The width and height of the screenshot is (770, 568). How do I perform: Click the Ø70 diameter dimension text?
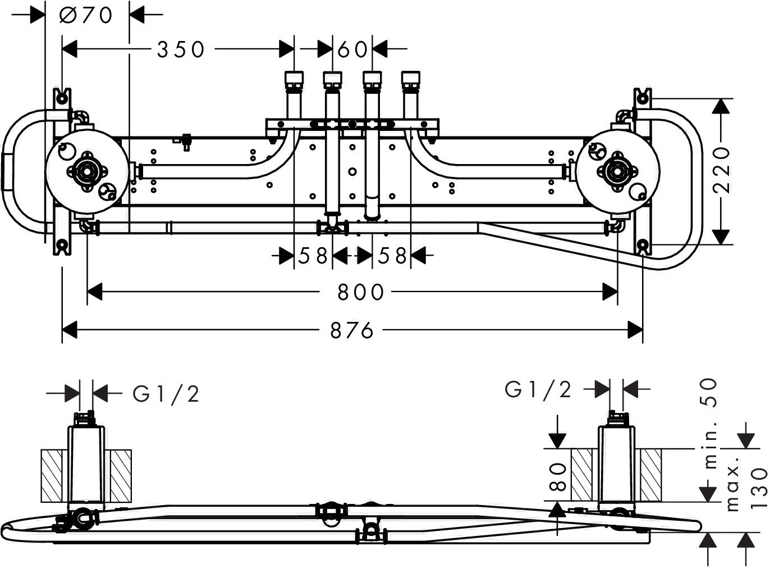click(x=86, y=15)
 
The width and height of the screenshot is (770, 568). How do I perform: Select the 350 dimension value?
click(x=181, y=49)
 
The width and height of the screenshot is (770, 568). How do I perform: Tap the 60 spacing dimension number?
click(x=353, y=49)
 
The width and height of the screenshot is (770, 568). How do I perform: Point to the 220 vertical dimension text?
click(x=723, y=170)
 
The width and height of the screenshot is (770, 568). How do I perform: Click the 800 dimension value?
click(x=360, y=292)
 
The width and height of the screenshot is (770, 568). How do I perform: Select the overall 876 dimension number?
click(x=352, y=330)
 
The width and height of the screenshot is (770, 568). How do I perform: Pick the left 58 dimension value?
click(x=313, y=256)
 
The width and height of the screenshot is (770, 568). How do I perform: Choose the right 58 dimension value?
click(x=392, y=256)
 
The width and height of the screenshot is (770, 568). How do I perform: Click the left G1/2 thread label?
click(x=166, y=394)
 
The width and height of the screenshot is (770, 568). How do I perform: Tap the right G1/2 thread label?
click(x=538, y=389)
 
